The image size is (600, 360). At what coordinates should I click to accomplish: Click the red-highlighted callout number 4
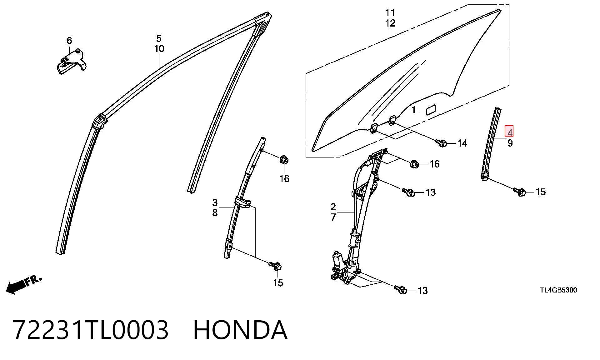(x=509, y=132)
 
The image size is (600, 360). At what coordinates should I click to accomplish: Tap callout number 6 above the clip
(x=69, y=41)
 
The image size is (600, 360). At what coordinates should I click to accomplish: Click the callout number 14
(x=462, y=143)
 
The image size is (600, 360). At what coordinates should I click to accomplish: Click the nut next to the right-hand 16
(x=414, y=164)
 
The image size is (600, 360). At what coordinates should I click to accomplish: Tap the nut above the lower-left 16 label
(x=284, y=159)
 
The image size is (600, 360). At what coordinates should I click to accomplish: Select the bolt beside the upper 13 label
(x=408, y=192)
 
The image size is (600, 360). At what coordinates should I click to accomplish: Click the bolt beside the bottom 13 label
(x=400, y=289)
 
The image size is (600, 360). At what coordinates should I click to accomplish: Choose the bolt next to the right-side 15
(x=519, y=191)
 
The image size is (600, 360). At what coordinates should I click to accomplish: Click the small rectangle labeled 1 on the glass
(x=431, y=110)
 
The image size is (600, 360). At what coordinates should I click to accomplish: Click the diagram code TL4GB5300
(x=558, y=290)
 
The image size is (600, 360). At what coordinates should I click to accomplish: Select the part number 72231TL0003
(x=91, y=330)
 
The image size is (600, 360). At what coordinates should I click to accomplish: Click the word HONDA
(x=240, y=330)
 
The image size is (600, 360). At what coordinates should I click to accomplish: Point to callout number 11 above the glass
(x=390, y=13)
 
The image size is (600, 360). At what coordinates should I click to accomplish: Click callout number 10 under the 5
(x=159, y=48)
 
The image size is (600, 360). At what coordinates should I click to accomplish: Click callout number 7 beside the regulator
(x=333, y=217)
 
